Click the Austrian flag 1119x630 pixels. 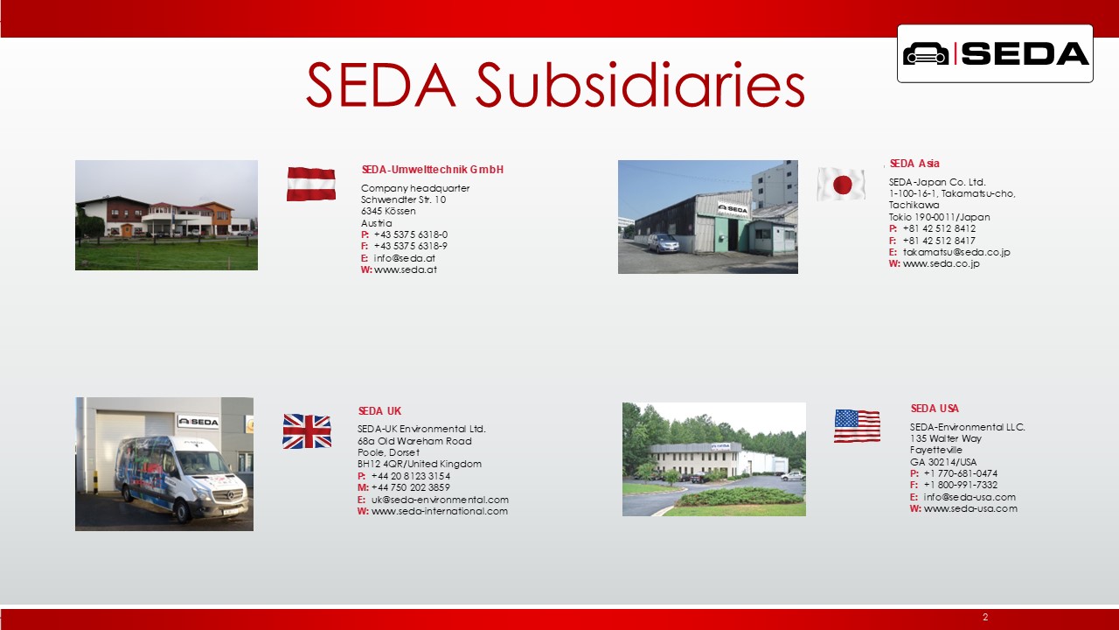click(x=310, y=184)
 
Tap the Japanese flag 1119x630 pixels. click(x=841, y=185)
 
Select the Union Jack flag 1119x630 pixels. click(x=307, y=431)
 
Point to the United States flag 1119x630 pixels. click(x=857, y=426)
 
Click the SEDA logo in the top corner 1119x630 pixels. click(x=995, y=53)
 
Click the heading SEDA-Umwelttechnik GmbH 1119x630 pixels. click(x=433, y=170)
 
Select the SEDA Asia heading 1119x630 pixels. click(x=914, y=164)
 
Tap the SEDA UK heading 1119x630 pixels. click(x=379, y=411)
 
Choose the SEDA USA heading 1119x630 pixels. click(x=935, y=409)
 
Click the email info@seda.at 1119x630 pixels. click(x=404, y=258)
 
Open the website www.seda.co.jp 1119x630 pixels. click(x=942, y=263)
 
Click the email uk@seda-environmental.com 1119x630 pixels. click(x=440, y=500)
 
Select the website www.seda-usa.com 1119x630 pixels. click(x=970, y=508)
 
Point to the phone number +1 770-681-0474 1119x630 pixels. click(x=960, y=473)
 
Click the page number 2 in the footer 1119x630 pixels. click(x=985, y=617)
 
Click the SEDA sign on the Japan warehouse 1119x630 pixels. click(x=733, y=208)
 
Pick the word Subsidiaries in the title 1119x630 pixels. click(x=640, y=85)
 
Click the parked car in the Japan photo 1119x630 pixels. click(x=664, y=243)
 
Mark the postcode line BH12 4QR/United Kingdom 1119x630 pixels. click(x=419, y=464)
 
